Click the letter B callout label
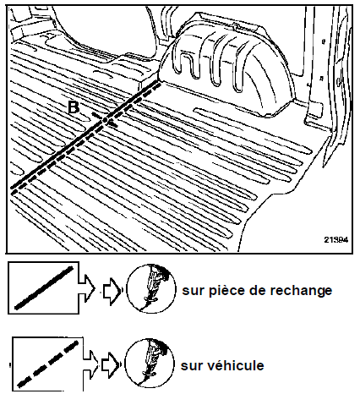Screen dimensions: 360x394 tap(74, 107)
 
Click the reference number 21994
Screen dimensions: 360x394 tap(336, 240)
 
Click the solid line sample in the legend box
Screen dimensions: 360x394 tap(44, 287)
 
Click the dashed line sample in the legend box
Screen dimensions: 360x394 tap(47, 364)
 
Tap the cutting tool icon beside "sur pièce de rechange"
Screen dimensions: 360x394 tap(151, 288)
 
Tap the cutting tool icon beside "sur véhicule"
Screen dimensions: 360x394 tap(150, 364)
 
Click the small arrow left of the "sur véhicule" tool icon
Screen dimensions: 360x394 tap(111, 364)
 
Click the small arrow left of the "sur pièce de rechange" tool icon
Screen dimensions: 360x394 tap(112, 291)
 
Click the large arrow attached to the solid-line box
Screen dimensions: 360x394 tap(87, 288)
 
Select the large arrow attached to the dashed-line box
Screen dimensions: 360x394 tap(90, 364)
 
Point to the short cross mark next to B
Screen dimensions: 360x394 tap(104, 120)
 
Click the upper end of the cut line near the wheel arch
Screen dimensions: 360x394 tap(158, 82)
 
